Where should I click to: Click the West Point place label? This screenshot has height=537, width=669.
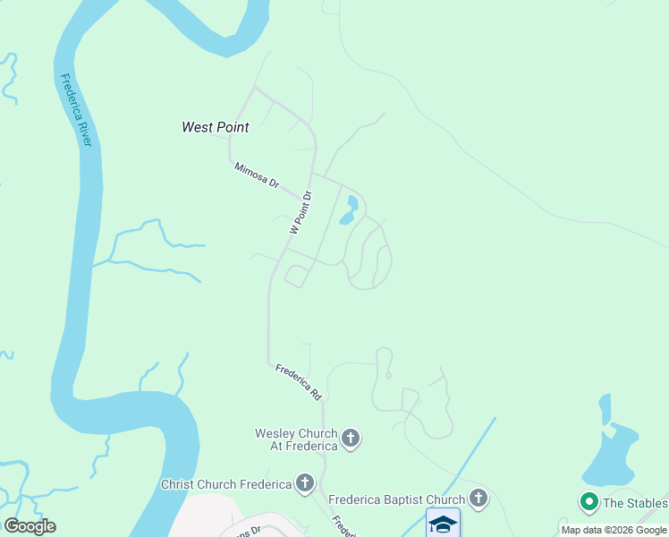pos(215,127)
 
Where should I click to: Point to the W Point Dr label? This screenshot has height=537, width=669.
pos(301,212)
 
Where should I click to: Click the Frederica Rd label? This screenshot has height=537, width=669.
pos(298,380)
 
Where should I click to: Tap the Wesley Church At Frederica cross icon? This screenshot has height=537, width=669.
pos(351,439)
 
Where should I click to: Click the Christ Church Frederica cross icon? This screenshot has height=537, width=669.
pos(305,484)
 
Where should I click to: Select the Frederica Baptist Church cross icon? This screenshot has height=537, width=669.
pos(478,499)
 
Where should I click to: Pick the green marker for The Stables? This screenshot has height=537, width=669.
pos(589,503)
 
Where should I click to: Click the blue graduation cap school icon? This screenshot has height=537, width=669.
pos(443,523)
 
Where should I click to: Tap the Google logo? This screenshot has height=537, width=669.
pos(30,526)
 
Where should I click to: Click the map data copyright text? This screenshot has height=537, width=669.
pos(614,530)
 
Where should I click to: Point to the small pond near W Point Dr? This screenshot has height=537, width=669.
pos(349,211)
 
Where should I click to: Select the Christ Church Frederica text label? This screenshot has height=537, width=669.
pos(226,484)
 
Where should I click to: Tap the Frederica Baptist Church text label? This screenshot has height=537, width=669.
pos(396,499)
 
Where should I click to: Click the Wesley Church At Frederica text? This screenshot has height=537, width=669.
pos(296,439)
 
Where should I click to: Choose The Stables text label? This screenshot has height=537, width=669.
pos(634,503)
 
